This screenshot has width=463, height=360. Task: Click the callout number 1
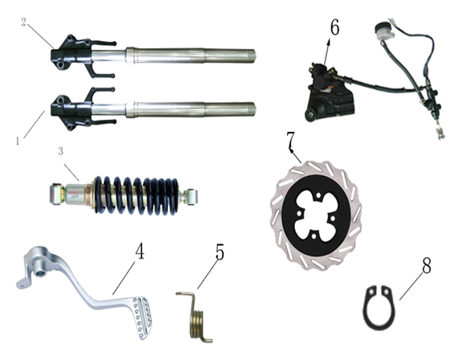pos(18,141)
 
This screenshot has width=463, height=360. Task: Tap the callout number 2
pos(25,22)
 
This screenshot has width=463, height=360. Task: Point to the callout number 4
pos(140,251)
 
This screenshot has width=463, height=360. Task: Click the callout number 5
pos(219,251)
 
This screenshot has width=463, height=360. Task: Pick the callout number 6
pos(334,27)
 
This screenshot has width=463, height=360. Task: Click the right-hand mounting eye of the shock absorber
pos(190,194)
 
